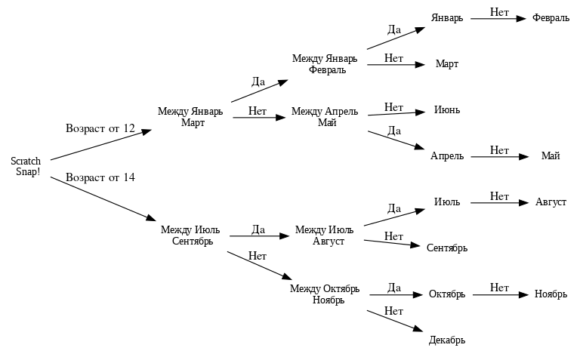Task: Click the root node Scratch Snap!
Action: click(26, 166)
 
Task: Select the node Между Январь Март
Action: click(190, 117)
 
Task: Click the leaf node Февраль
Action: click(551, 18)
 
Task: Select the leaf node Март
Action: click(446, 64)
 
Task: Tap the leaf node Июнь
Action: click(446, 110)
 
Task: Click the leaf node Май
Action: click(551, 156)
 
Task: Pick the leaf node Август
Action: click(551, 202)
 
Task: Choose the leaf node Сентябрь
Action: click(446, 248)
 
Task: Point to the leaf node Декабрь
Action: click(446, 340)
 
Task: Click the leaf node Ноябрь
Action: click(551, 294)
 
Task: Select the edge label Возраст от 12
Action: click(100, 128)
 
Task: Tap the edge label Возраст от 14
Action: click(100, 177)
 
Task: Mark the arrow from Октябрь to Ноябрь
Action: click(498, 294)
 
